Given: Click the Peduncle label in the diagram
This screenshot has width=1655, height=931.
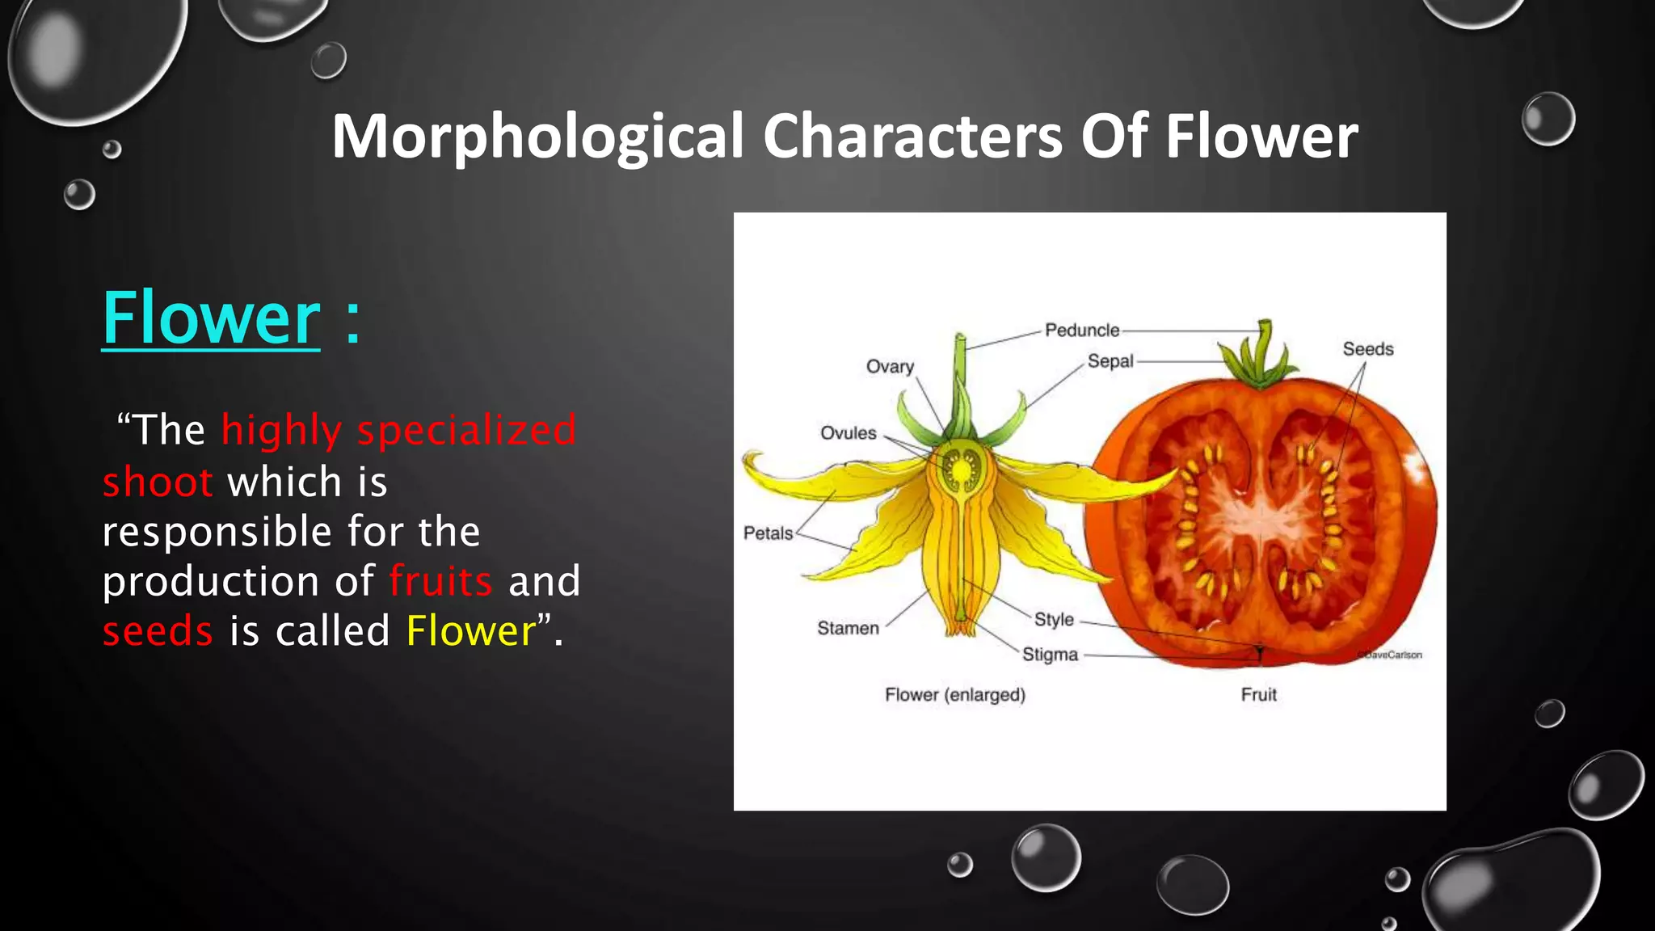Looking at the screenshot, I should [1082, 330].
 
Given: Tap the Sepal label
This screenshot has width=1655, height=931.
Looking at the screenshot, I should [1110, 361].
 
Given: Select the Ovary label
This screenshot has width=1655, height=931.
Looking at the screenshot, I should [890, 366].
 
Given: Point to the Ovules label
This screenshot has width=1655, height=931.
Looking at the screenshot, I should [848, 433].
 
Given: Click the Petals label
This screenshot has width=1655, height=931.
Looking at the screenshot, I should [768, 533].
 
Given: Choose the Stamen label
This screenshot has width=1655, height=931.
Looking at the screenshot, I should [848, 628].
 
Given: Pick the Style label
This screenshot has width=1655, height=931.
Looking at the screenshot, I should [1054, 619].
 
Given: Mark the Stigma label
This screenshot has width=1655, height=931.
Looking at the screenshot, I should [1050, 654].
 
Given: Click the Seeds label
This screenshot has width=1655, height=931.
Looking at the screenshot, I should [1368, 349].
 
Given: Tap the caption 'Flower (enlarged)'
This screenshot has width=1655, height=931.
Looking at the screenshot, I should [954, 695].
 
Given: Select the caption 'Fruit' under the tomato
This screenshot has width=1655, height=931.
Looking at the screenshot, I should [1258, 695].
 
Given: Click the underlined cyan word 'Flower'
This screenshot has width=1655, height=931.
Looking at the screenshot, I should [211, 318].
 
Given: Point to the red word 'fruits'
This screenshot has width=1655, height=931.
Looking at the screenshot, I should [440, 581].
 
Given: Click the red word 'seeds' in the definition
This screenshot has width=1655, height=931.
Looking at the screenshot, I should [158, 631].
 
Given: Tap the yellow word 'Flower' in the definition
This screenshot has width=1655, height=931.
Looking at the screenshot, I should [471, 631].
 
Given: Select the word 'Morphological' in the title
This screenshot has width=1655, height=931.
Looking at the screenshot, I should [537, 136].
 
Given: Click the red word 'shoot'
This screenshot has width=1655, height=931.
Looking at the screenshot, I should [158, 482].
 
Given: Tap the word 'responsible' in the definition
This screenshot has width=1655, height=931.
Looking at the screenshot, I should [217, 532].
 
